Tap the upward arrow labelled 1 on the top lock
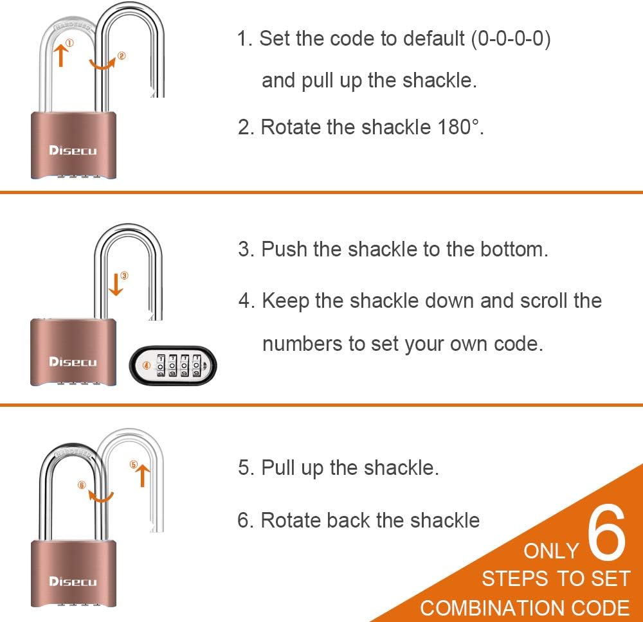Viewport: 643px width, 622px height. [x=61, y=55]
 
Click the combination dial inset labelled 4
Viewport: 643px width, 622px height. [x=172, y=365]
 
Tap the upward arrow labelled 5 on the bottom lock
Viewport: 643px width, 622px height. [x=143, y=475]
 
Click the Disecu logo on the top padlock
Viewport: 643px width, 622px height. [x=73, y=150]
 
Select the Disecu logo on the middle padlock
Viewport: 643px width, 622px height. [x=73, y=362]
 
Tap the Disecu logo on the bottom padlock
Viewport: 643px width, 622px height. [x=73, y=582]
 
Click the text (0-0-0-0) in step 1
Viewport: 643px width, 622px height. [x=511, y=39]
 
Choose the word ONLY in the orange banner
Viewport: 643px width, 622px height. [x=551, y=551]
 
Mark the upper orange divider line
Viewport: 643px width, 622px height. [x=321, y=191]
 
